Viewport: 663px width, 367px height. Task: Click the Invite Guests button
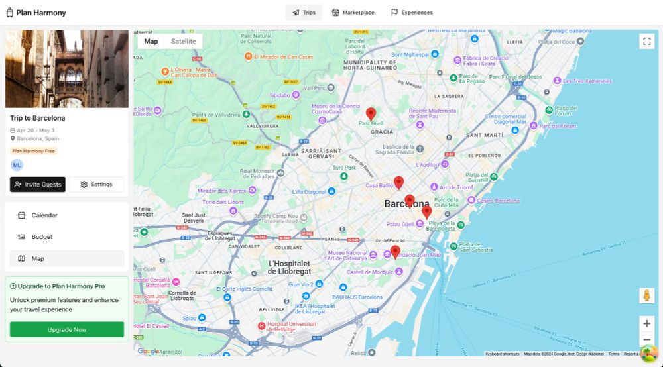38,185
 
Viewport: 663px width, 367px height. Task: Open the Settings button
96,185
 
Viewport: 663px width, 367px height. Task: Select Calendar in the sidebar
44,215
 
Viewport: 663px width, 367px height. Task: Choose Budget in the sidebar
42,237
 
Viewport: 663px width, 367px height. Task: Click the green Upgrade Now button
67,329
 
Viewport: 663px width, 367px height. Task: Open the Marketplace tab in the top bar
353,13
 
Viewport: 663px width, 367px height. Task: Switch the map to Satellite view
184,41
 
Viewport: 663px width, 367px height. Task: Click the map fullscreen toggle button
646,41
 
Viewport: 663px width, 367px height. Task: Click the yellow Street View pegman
646,295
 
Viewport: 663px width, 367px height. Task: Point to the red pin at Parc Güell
371,114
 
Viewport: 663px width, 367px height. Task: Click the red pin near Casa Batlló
398,182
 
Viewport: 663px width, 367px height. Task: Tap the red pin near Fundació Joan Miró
395,252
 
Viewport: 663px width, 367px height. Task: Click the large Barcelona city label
406,204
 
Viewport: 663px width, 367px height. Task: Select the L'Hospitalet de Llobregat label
290,267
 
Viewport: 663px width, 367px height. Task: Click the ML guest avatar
17,165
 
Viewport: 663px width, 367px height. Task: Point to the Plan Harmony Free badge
34,151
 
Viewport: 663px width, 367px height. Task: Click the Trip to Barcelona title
37,118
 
